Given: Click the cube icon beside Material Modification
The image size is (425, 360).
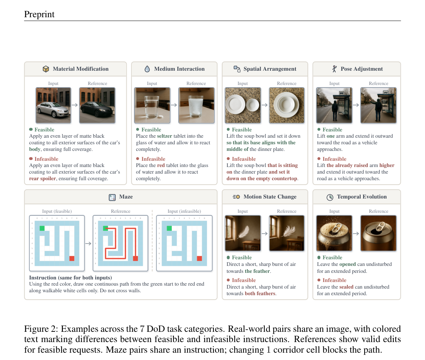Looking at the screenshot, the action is [x=46, y=69].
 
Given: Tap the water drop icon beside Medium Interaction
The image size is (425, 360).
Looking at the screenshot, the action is [x=147, y=69].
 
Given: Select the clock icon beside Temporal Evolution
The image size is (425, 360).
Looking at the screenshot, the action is [x=330, y=197].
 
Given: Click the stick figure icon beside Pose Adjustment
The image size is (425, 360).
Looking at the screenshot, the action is [x=335, y=69].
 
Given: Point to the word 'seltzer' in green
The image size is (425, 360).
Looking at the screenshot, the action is [x=164, y=136].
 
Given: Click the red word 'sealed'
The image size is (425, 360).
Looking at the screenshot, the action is [x=346, y=287].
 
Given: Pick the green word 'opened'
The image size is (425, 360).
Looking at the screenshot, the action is [x=347, y=264].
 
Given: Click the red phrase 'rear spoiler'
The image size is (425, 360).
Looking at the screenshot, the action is [x=42, y=179].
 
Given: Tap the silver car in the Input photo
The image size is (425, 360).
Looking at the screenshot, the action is [x=53, y=110].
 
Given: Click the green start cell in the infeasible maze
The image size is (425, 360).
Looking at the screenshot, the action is [x=169, y=228].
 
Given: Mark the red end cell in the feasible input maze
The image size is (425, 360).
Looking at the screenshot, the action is [x=72, y=258].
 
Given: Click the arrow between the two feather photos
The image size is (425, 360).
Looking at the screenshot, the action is [x=265, y=233].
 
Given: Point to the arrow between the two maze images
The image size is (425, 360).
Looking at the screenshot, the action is [x=88, y=244].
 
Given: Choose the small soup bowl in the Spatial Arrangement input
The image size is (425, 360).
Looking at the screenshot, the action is [x=252, y=105].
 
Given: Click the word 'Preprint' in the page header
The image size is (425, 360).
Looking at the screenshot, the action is [x=39, y=14].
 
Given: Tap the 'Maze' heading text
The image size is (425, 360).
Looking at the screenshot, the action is [x=126, y=197].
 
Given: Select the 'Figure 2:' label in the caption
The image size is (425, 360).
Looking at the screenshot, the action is [x=41, y=329].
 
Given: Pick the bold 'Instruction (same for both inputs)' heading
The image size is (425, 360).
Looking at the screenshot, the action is [x=71, y=278].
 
